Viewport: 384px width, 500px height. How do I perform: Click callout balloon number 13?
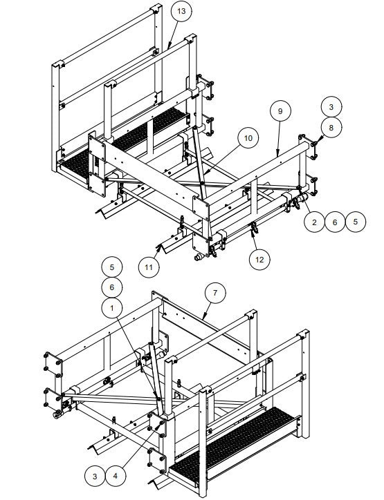(181, 12)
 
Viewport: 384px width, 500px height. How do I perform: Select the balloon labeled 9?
(281, 110)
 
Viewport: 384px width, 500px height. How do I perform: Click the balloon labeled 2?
(314, 222)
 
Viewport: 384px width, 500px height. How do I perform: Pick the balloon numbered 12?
(260, 259)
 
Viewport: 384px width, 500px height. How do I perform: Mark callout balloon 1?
(112, 305)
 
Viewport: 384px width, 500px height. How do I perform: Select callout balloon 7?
(215, 293)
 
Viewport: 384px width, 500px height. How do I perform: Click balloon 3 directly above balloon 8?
(331, 107)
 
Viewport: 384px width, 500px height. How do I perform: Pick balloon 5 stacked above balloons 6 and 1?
(112, 266)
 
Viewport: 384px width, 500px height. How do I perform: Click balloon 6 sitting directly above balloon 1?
(112, 286)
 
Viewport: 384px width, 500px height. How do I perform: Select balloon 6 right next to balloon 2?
(336, 222)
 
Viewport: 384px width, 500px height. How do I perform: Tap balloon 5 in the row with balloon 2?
(356, 222)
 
